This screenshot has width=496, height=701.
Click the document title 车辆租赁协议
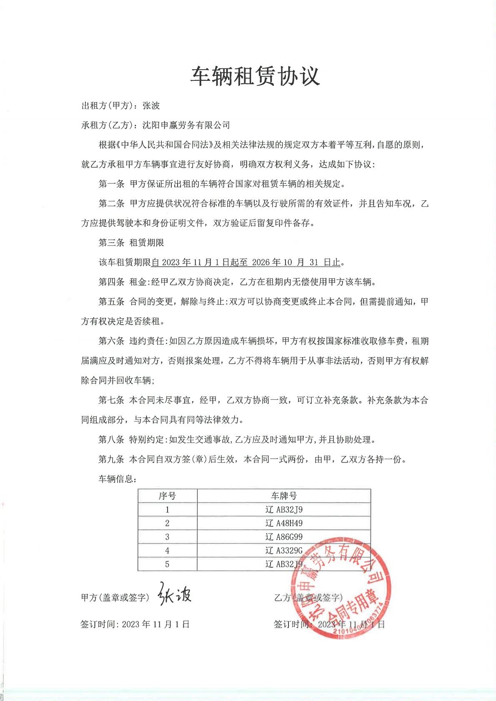tap(255, 76)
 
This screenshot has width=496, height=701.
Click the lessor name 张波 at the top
tap(151, 106)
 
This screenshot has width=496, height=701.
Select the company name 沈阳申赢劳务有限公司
tap(186, 125)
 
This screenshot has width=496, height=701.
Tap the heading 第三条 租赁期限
tap(131, 243)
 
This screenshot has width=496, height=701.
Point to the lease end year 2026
tap(261, 262)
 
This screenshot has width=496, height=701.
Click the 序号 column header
tap(167, 496)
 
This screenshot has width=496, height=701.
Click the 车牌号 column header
tap(284, 496)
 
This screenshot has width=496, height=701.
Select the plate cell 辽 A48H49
tap(284, 523)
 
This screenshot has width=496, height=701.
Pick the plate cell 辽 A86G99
tap(284, 537)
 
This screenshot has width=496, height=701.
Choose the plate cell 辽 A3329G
tap(284, 551)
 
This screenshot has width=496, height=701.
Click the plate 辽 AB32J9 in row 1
tap(284, 509)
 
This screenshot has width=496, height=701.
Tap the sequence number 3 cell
tap(167, 537)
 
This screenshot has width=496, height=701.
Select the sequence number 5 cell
tap(167, 564)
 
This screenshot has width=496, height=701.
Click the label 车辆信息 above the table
tap(117, 479)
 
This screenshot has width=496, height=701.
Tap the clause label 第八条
tap(111, 439)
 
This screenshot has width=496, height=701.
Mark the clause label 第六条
tap(111, 341)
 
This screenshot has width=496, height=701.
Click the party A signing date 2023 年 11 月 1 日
tap(156, 624)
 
